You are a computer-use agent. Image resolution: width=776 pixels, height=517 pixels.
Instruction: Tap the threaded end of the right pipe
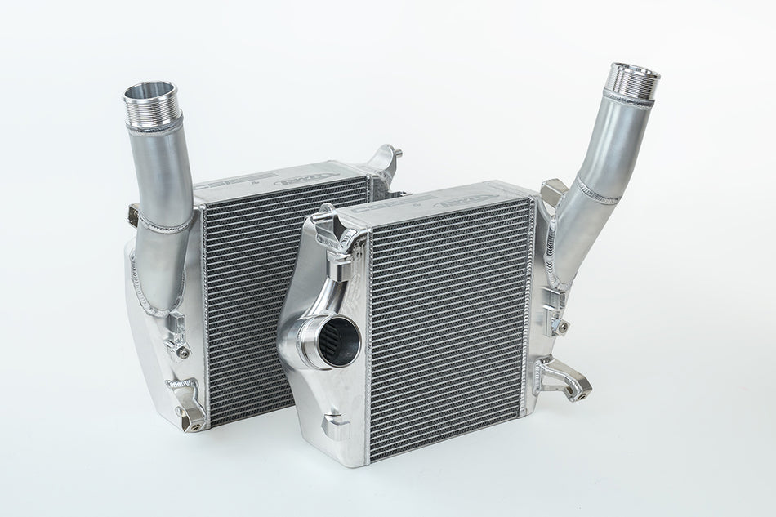point(633,80)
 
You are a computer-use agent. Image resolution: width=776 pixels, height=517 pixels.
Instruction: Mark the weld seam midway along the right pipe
point(600,191)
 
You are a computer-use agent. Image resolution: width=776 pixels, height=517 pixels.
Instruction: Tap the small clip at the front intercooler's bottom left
point(335,426)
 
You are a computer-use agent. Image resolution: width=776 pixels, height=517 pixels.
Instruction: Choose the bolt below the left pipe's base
point(181,352)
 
